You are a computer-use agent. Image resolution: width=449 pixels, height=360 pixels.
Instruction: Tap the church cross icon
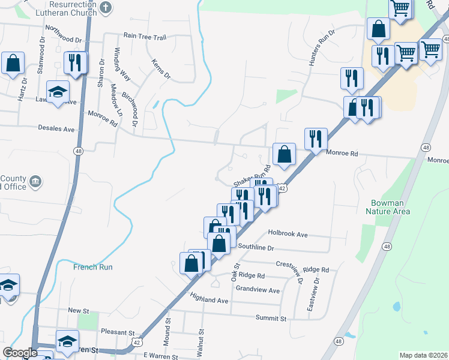106,8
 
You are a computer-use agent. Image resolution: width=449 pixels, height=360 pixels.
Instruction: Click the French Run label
94,267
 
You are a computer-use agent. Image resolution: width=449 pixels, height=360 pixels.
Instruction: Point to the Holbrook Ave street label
288,234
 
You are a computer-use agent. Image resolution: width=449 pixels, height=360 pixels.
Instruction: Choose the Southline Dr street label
256,247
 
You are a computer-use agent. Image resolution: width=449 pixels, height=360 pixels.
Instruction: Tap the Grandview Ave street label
258,290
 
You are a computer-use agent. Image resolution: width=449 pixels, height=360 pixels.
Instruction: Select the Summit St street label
267,317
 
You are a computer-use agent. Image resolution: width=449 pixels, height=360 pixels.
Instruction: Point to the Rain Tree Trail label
145,37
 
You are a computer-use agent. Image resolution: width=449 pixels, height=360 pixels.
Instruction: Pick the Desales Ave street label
56,129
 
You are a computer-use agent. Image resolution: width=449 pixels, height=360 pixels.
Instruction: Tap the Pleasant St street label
118,332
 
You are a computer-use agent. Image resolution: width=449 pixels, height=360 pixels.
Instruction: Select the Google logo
20,353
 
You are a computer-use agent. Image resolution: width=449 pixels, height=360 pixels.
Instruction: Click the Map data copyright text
423,355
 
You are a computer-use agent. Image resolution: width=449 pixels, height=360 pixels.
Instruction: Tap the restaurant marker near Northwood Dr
75,62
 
